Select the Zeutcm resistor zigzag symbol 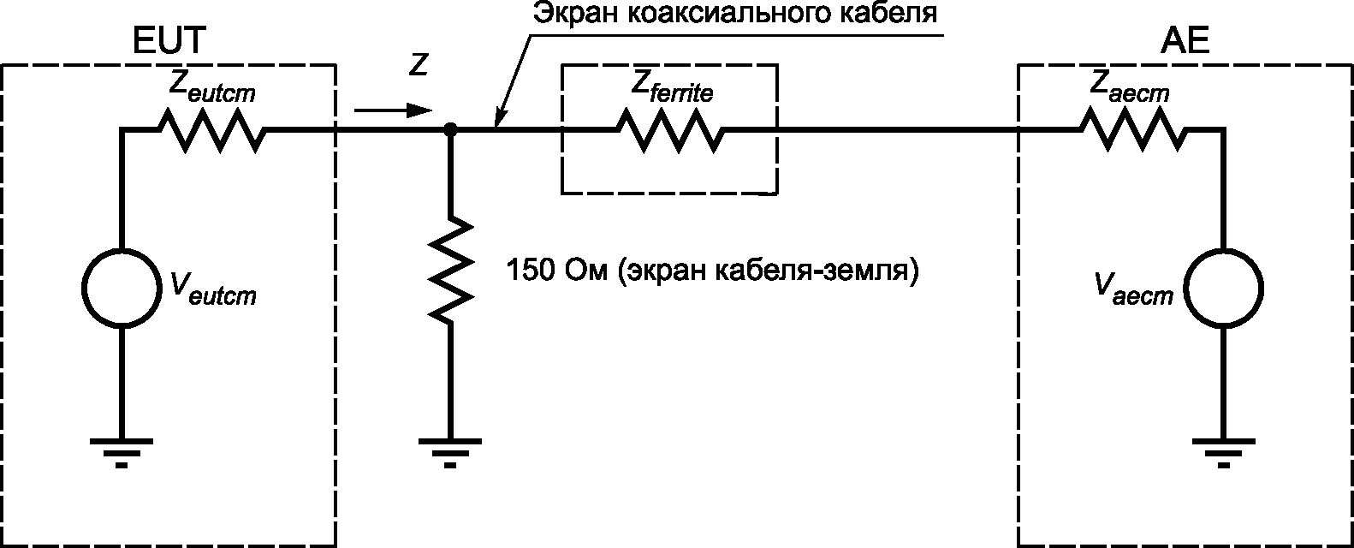click(x=211, y=130)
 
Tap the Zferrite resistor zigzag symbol click(x=669, y=130)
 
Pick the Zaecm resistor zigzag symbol click(x=1133, y=130)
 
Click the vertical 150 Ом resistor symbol click(x=451, y=269)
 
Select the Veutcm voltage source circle click(x=121, y=288)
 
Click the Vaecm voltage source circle click(x=1222, y=288)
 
